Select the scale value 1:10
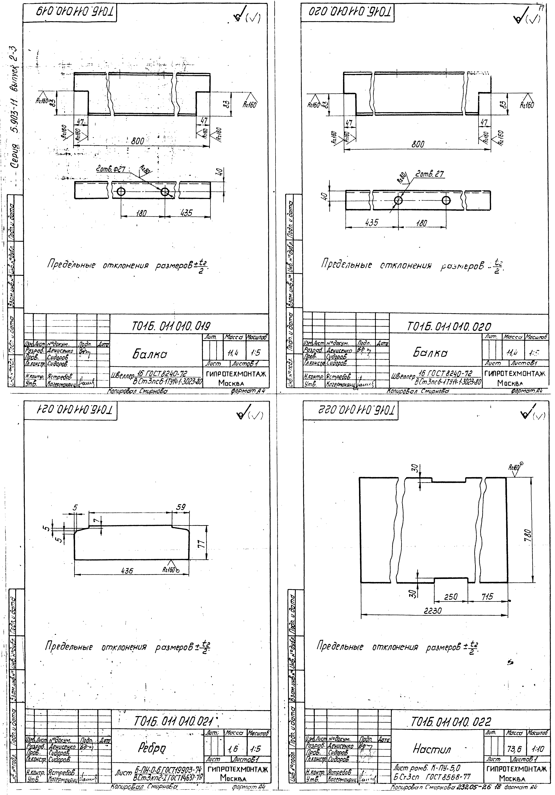tap(537, 749)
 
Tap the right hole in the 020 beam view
tap(446, 200)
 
